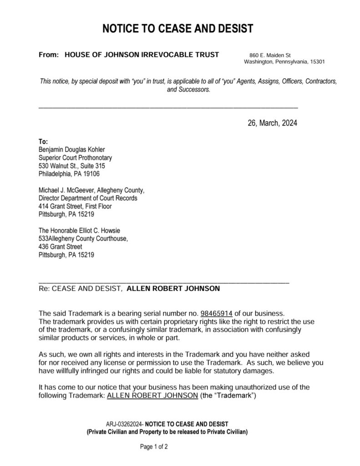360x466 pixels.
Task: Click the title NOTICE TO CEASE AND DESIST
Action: pyautogui.click(x=177, y=29)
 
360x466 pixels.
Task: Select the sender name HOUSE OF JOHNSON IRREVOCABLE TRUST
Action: pyautogui.click(x=142, y=55)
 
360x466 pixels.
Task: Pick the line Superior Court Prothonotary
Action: pyautogui.click(x=72, y=157)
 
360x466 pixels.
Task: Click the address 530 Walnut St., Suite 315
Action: pyautogui.click(x=72, y=166)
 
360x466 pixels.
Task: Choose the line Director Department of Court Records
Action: pyautogui.click(x=88, y=198)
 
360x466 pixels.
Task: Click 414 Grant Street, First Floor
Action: pyautogui.click(x=75, y=206)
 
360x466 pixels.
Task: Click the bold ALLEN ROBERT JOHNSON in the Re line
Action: pyautogui.click(x=172, y=289)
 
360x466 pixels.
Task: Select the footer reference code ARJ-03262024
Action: pyautogui.click(x=124, y=424)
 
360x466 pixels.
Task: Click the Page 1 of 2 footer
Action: pyautogui.click(x=154, y=447)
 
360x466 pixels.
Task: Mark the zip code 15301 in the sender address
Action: pyautogui.click(x=317, y=61)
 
